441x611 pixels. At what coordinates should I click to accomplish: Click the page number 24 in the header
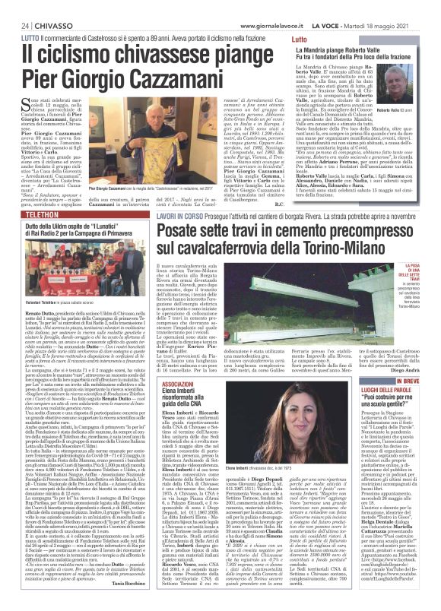click(14, 6)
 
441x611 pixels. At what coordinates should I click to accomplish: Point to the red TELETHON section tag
click(27, 226)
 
